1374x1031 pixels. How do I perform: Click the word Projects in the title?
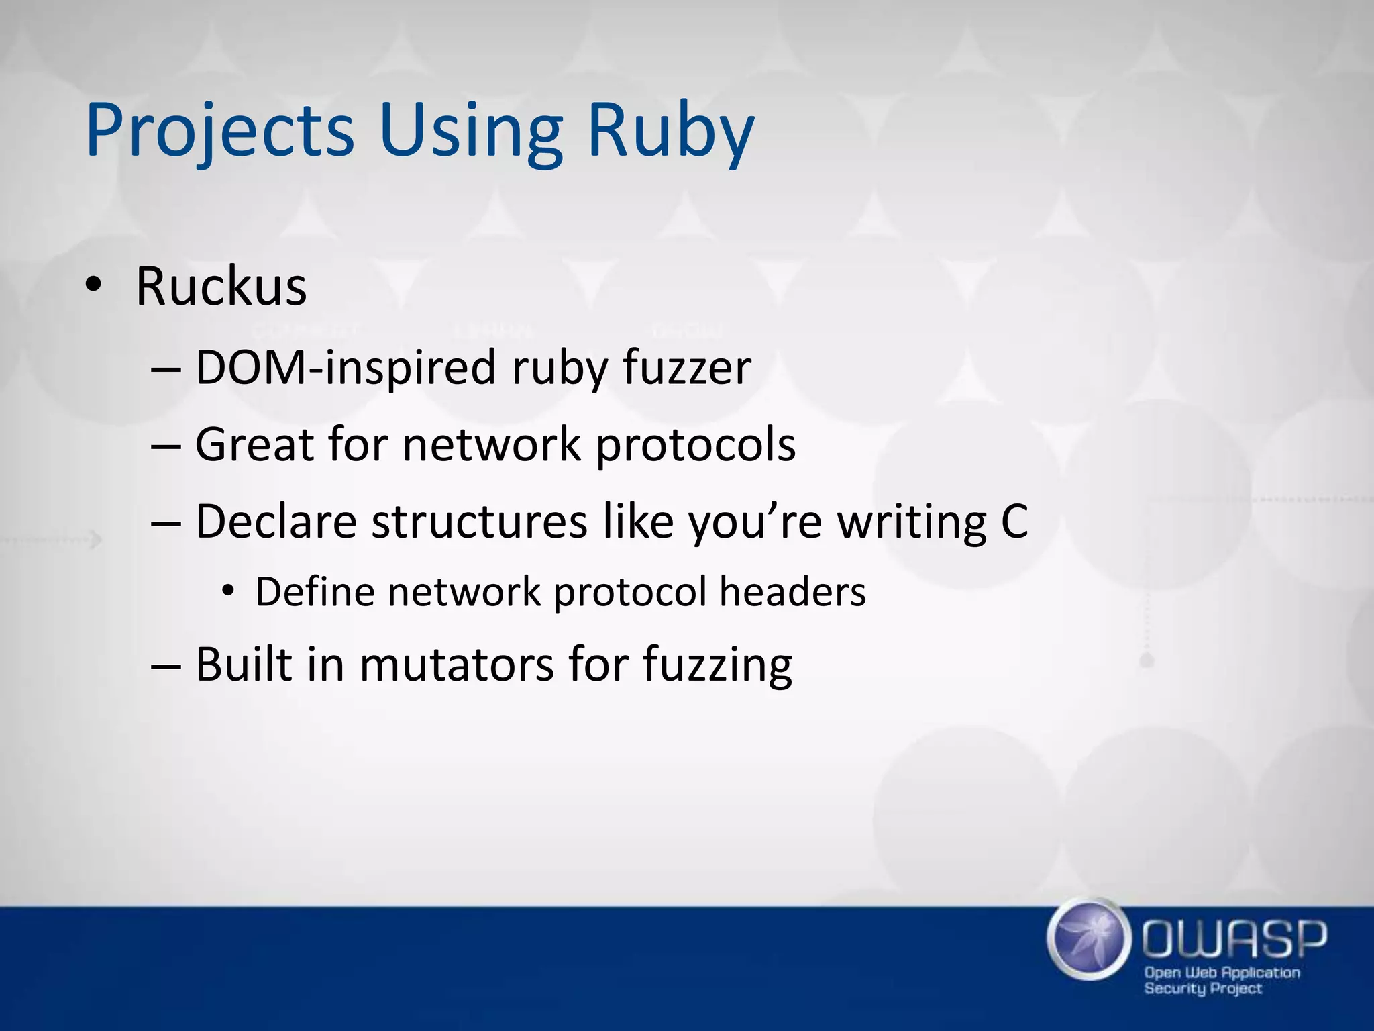point(219,131)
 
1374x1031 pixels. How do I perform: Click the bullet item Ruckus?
point(221,287)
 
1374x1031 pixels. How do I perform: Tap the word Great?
point(254,444)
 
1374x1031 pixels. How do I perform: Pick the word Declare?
point(276,522)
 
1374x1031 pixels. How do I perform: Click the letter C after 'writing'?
point(1014,522)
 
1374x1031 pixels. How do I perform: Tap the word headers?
point(792,592)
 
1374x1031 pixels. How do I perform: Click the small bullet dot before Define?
point(229,591)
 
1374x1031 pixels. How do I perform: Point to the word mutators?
point(456,665)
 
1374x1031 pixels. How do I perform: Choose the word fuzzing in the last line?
point(717,666)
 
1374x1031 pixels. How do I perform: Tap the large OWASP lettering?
point(1234,939)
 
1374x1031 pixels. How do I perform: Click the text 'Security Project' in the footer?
point(1203,989)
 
